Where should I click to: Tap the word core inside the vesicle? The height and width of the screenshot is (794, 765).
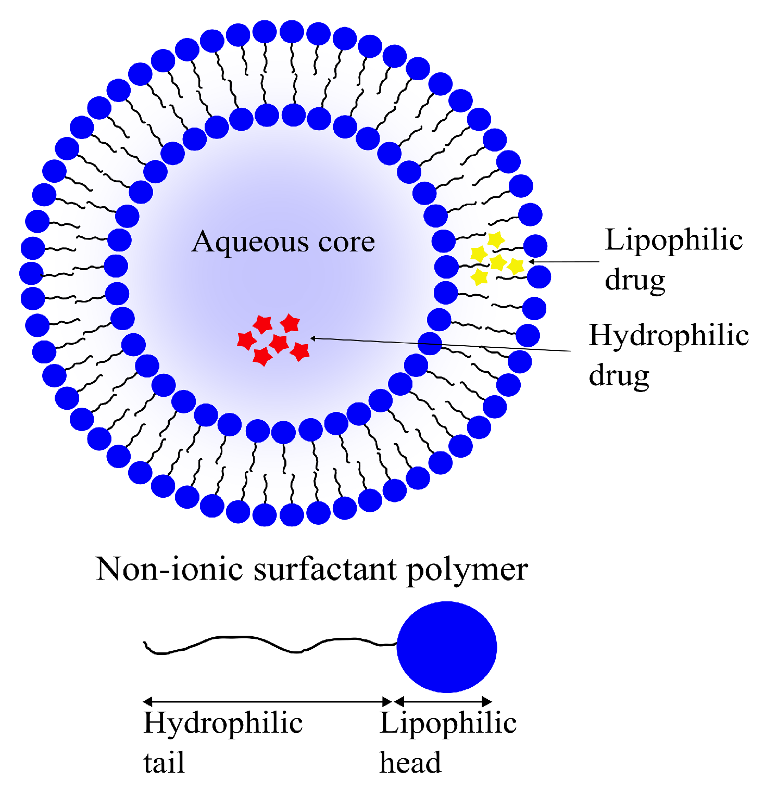click(x=346, y=243)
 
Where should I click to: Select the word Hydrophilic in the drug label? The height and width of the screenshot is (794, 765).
click(x=669, y=336)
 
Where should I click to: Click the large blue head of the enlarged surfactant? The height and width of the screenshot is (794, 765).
click(x=447, y=647)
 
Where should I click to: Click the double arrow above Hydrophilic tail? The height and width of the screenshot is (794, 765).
click(x=267, y=701)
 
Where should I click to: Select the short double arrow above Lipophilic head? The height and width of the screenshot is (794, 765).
click(x=443, y=701)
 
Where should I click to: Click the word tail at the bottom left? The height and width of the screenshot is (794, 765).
click(x=164, y=763)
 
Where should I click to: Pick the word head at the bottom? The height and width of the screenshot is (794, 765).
click(x=410, y=763)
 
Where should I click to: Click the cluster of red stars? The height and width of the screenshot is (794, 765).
click(x=274, y=339)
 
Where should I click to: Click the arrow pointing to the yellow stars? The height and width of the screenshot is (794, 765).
click(x=565, y=261)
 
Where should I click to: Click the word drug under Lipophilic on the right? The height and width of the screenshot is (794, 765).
click(x=635, y=281)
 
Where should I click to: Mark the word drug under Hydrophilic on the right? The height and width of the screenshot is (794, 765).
click(x=619, y=376)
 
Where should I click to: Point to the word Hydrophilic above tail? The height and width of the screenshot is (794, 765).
click(x=223, y=724)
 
